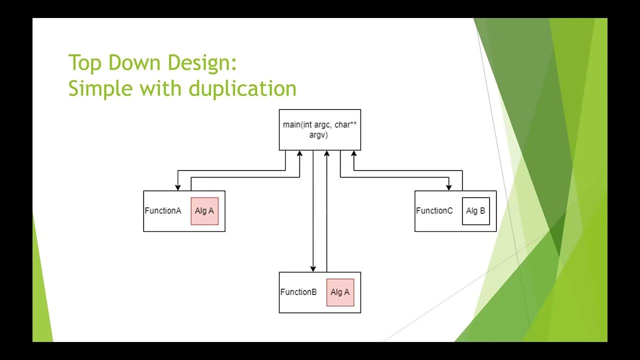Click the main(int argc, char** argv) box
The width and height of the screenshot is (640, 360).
click(319, 129)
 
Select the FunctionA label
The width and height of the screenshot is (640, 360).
click(163, 211)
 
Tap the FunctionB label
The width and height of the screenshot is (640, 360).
click(298, 292)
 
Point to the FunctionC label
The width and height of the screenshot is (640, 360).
click(434, 211)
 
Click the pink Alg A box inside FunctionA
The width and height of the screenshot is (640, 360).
click(204, 211)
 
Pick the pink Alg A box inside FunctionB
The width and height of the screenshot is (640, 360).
click(340, 292)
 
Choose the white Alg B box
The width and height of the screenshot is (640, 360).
click(475, 211)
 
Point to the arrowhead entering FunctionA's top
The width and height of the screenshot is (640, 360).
click(178, 187)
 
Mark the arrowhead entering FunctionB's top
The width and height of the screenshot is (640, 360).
click(313, 269)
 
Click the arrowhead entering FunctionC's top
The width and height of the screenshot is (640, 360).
click(448, 187)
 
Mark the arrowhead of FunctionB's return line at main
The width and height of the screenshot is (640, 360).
click(326, 153)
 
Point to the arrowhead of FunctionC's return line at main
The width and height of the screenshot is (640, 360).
click(354, 153)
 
